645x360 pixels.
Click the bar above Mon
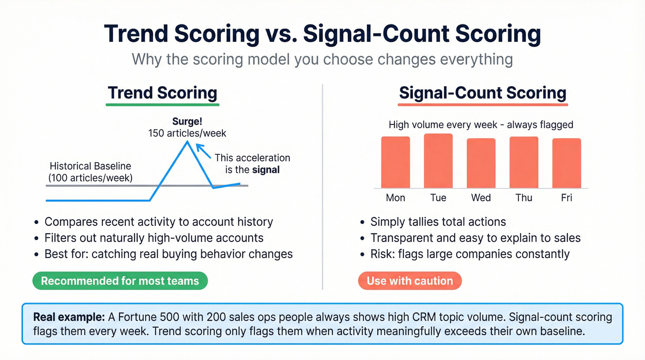tap(395, 162)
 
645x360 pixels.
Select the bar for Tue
tap(438, 161)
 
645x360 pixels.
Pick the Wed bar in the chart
tap(481, 163)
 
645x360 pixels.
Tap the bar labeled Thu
tap(524, 162)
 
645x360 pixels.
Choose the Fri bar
tap(567, 163)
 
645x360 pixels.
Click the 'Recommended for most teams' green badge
tap(120, 281)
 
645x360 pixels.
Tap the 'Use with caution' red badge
tap(410, 281)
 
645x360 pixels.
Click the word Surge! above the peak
tap(188, 122)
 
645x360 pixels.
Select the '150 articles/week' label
tap(188, 133)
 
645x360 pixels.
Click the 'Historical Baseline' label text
tap(90, 166)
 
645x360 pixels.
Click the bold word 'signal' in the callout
tap(266, 170)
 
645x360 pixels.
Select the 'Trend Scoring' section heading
tap(163, 93)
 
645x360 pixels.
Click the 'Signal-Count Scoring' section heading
tap(482, 93)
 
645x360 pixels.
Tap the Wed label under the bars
tap(481, 198)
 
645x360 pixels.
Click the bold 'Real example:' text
tap(69, 318)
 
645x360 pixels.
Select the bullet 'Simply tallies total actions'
tap(438, 222)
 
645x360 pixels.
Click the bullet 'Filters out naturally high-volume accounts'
tap(154, 238)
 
